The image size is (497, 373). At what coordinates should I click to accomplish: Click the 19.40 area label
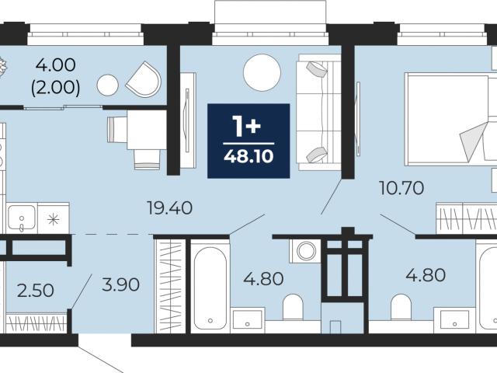pyautogui.click(x=169, y=208)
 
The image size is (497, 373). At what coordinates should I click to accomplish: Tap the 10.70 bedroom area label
pyautogui.click(x=401, y=188)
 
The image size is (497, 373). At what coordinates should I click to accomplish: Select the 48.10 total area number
pyautogui.click(x=248, y=157)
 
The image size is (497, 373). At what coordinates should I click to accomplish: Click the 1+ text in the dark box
pyautogui.click(x=247, y=126)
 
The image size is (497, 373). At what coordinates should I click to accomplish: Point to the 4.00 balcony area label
pyautogui.click(x=55, y=65)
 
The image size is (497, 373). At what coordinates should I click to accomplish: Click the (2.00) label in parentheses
pyautogui.click(x=55, y=88)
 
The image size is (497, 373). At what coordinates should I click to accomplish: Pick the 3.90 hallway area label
pyautogui.click(x=121, y=284)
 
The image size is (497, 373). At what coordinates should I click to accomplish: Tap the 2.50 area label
pyautogui.click(x=35, y=291)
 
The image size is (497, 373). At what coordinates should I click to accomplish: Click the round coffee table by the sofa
pyautogui.click(x=262, y=72)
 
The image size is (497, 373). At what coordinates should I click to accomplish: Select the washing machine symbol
pyautogui.click(x=305, y=251)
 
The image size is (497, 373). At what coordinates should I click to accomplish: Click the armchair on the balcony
pyautogui.click(x=144, y=79)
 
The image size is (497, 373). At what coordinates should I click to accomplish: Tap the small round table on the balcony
pyautogui.click(x=108, y=85)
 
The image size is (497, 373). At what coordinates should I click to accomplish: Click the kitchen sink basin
pyautogui.click(x=22, y=218)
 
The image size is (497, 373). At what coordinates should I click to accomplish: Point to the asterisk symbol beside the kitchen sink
pyautogui.click(x=54, y=219)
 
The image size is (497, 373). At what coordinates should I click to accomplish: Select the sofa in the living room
pyautogui.click(x=318, y=112)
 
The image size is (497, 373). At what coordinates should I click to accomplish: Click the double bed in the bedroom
pyautogui.click(x=451, y=119)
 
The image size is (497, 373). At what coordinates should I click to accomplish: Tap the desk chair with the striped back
pyautogui.click(x=147, y=160)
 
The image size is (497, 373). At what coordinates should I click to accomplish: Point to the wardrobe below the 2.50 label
pyautogui.click(x=36, y=323)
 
